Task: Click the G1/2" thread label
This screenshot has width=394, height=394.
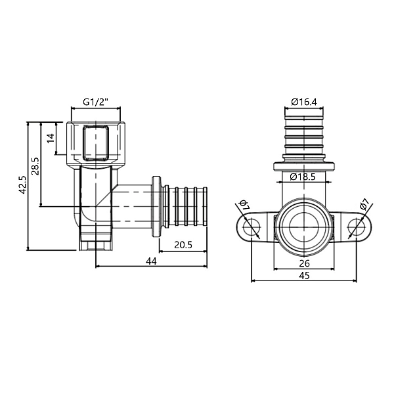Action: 95,102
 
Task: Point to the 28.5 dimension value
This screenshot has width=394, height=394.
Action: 35,164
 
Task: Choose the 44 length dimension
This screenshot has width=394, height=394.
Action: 151,261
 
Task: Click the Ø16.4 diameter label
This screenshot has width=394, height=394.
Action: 304,102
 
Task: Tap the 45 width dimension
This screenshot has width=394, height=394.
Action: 303,276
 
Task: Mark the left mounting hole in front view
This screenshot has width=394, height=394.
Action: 250,228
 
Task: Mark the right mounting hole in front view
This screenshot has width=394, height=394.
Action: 357,228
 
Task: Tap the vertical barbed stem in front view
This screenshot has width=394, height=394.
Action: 303,135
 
